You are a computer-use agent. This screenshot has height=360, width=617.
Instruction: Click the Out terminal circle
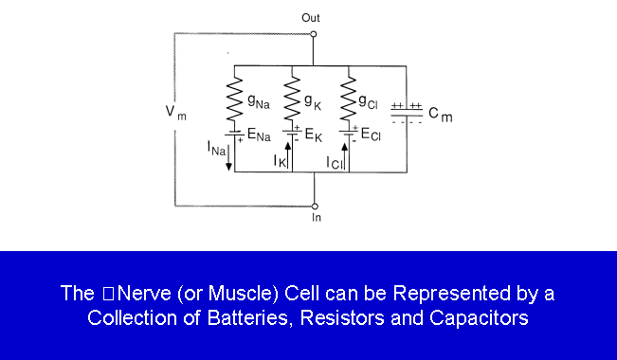click(313, 34)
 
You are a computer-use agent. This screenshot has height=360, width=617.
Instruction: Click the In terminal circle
click(315, 207)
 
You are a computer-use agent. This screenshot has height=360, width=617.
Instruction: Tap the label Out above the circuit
click(311, 18)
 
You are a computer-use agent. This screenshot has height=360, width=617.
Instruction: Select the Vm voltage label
click(175, 113)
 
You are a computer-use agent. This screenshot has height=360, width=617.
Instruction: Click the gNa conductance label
click(259, 101)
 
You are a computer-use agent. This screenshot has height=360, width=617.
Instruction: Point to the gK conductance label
click(313, 101)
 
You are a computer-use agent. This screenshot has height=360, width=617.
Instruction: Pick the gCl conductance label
click(368, 102)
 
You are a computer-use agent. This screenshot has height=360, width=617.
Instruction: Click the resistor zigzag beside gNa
click(234, 99)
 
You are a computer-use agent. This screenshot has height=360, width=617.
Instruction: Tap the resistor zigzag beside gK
click(292, 99)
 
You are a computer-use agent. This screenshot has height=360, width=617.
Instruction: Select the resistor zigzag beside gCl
click(349, 99)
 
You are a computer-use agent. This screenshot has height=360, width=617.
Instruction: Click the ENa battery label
click(259, 135)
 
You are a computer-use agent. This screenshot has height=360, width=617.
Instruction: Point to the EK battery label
click(313, 135)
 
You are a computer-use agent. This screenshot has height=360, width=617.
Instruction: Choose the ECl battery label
click(371, 135)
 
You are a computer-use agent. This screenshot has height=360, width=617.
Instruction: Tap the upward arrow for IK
click(287, 155)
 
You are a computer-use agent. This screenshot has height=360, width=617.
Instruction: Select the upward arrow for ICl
click(345, 156)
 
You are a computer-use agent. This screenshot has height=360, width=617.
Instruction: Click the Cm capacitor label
click(441, 114)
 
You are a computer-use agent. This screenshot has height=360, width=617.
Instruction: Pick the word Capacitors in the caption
click(479, 318)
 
